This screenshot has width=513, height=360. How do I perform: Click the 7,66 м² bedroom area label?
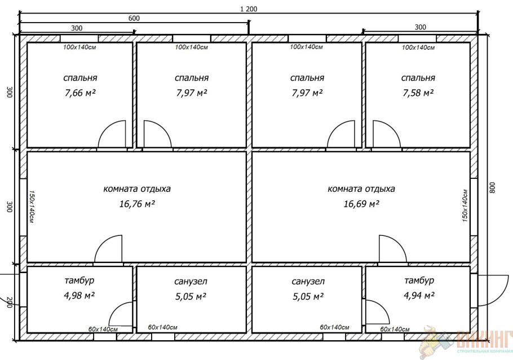coord(81,93)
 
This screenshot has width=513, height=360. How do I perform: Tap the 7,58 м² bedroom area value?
coord(418,93)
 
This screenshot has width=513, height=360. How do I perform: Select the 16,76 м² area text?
coord(137,204)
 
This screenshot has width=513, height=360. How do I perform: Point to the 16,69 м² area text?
coord(361,204)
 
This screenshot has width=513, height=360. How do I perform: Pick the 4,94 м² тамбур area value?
coord(419,296)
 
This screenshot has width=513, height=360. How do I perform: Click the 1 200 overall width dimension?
coord(249,9)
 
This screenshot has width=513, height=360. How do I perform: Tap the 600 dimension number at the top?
coord(134,19)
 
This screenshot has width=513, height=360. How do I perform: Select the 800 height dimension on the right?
coord(493,188)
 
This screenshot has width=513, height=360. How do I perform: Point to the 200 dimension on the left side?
coord(9,302)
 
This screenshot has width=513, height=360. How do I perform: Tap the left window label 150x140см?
coord(32,207)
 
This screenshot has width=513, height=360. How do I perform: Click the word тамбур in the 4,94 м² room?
coord(419,281)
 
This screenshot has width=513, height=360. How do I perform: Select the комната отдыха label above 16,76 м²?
coord(137,190)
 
